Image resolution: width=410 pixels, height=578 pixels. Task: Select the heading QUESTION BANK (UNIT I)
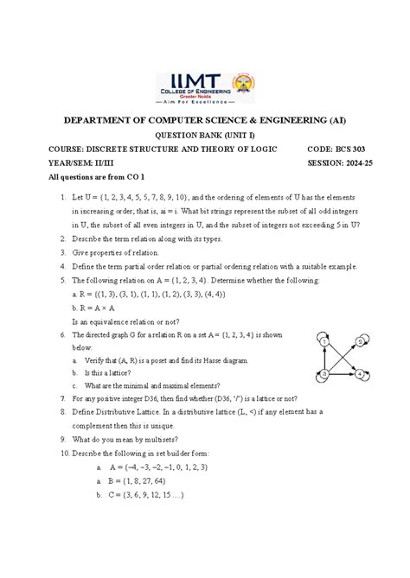coord(204,136)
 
